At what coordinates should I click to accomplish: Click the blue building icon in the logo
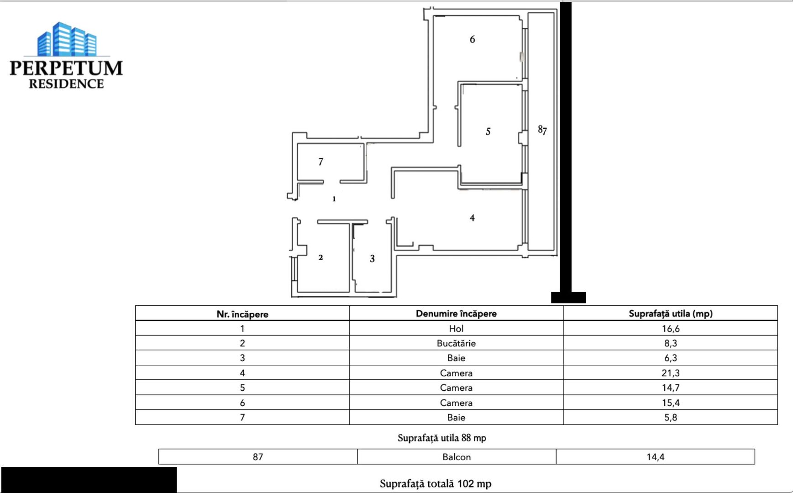pos(67,39)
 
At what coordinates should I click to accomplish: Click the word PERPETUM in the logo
pos(66,68)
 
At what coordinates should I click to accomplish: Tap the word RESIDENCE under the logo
pos(66,84)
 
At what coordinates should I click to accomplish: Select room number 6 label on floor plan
pos(472,40)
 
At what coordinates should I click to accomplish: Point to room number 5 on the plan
pos(488,131)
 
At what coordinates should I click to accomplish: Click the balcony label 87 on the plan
pos(542,130)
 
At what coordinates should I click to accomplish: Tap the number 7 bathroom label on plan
pos(320,162)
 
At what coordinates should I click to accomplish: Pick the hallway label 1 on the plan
pos(334,199)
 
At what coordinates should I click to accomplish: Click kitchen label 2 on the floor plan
pos(320,257)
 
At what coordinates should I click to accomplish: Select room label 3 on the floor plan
pos(372,259)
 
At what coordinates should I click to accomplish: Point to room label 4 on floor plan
pos(472,218)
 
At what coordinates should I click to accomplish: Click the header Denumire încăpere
pos(456,314)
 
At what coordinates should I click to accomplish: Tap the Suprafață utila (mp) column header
pos(670,314)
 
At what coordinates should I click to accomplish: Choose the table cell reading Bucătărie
pos(456,343)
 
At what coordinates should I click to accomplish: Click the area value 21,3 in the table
pos(670,373)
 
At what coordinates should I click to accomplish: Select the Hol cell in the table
pos(456,329)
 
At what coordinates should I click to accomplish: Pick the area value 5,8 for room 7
pos(670,417)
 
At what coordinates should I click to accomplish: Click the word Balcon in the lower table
pos(456,457)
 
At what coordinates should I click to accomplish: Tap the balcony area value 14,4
pos(655,457)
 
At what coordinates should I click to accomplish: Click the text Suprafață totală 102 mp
pos(435,484)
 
